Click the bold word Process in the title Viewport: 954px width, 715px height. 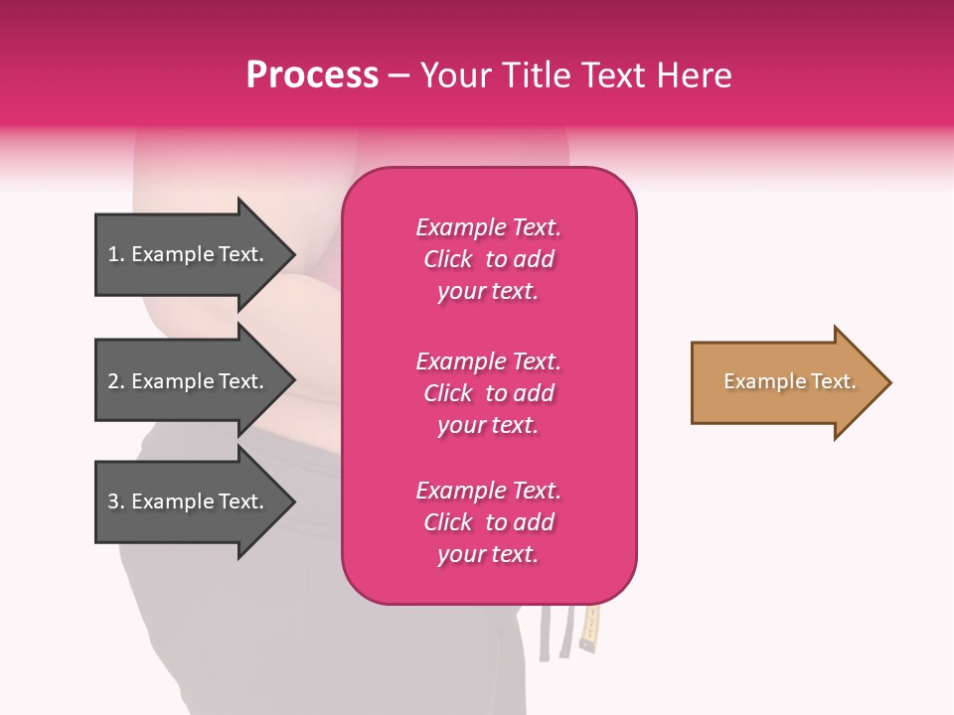312,75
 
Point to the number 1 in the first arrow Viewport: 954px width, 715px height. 114,254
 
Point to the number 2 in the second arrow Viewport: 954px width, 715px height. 114,381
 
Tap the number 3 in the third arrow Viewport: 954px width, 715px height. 114,501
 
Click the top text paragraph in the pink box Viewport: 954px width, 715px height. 488,259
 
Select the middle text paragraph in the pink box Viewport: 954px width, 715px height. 488,393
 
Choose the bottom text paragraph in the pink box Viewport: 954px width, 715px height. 488,522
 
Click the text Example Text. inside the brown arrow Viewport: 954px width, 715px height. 790,381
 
